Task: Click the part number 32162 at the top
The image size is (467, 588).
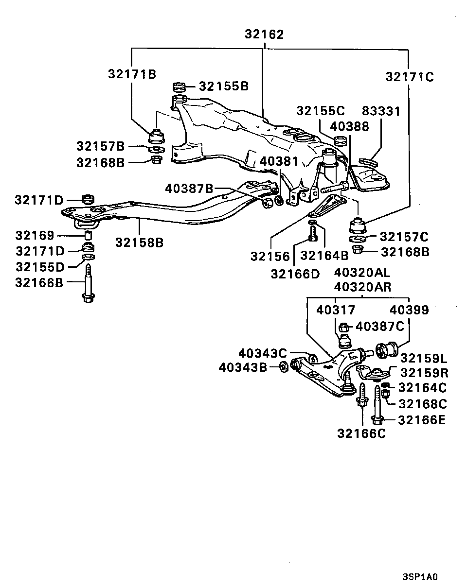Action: point(264,35)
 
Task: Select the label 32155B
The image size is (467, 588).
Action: point(224,86)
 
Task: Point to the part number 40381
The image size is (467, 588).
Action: point(279,160)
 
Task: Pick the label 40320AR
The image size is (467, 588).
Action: point(362,287)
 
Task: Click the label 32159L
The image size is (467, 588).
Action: point(424,358)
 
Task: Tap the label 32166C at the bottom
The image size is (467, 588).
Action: point(361,433)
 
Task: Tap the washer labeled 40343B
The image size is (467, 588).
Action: point(284,366)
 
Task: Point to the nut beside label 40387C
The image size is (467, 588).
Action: point(343,327)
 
